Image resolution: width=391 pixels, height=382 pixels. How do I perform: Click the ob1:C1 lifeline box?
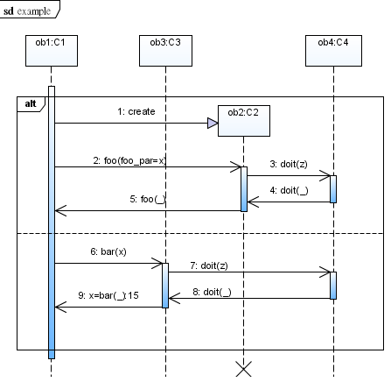[x=52, y=51]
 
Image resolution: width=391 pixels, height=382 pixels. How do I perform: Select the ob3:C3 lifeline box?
[x=165, y=51]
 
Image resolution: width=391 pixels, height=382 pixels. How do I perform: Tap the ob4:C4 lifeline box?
[x=333, y=51]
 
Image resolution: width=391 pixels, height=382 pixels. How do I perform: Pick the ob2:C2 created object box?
[x=244, y=121]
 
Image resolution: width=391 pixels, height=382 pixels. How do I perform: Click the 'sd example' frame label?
[x=27, y=11]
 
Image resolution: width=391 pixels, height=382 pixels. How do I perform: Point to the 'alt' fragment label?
[x=31, y=103]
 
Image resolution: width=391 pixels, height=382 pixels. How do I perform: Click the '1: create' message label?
[x=136, y=111]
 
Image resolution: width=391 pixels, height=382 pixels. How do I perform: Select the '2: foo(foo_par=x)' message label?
[x=129, y=160]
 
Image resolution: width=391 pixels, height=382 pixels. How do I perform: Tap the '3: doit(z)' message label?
[x=289, y=164]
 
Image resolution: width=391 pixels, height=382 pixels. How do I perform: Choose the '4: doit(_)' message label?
[x=289, y=190]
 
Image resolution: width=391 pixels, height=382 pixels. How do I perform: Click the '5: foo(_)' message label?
[x=148, y=199]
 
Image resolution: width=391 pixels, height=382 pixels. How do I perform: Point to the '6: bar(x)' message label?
[x=108, y=251]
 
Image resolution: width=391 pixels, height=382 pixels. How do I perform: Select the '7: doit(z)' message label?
[x=209, y=265]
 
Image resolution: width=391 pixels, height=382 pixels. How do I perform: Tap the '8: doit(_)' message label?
[x=212, y=292]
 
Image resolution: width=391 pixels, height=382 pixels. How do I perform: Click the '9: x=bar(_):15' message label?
[x=108, y=295]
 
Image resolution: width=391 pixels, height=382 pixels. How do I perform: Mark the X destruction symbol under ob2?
[x=243, y=369]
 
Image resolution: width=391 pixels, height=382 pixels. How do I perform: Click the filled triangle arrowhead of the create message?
[x=213, y=124]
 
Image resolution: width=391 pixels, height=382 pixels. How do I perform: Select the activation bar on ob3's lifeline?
[x=165, y=286]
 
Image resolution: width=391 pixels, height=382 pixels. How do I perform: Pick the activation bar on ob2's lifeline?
[x=244, y=189]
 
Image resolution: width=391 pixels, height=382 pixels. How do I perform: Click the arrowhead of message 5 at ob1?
[x=60, y=210]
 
